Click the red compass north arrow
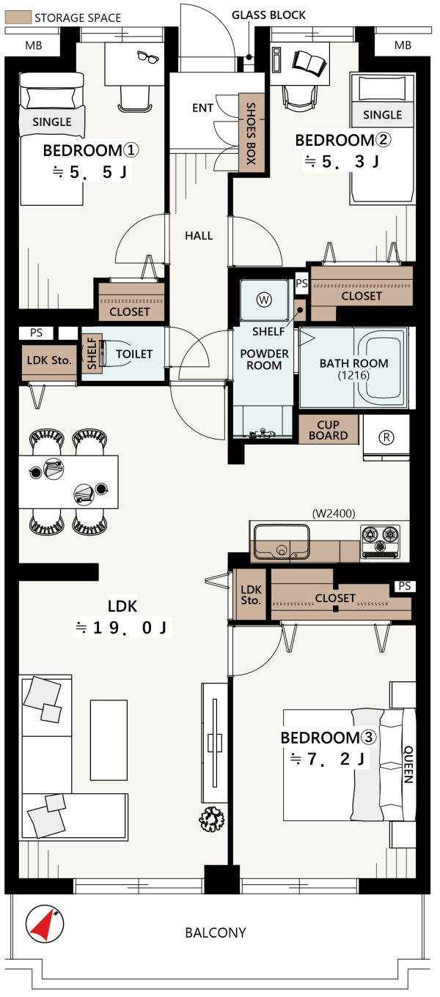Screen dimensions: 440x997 point(43,924)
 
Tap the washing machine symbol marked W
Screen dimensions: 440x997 point(264,299)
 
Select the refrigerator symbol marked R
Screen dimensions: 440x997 point(386,437)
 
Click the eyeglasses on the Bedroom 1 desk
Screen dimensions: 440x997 point(148,57)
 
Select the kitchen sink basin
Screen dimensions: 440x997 point(281,541)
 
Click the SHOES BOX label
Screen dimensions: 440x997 point(252,133)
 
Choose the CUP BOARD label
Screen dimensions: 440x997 point(329,430)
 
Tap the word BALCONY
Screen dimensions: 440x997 point(216,933)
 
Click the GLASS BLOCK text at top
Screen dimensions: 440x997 point(268,15)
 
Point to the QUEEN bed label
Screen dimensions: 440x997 point(408,765)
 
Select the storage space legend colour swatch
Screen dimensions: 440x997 point(18,18)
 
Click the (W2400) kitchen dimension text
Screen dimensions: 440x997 point(334,514)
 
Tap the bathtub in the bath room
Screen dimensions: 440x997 point(381,367)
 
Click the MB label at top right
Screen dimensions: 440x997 point(403,45)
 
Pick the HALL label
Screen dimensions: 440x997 point(199,235)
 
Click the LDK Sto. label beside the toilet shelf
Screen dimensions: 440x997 point(49,360)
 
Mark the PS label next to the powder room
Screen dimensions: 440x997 point(301,283)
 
